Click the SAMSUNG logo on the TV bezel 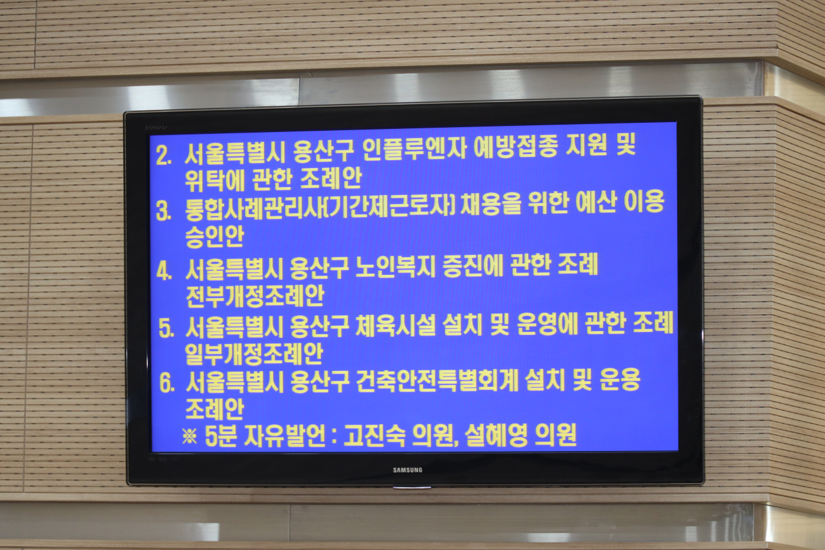point(408,470)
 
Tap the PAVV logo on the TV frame point(156,128)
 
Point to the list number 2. point(163,155)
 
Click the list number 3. point(164,212)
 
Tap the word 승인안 point(215,236)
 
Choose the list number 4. point(164,271)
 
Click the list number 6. point(166,384)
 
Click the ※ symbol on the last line point(189,436)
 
